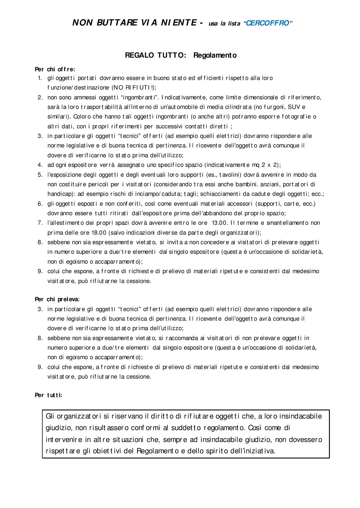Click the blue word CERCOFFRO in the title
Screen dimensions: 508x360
[267, 23]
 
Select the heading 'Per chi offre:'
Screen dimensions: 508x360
[55, 69]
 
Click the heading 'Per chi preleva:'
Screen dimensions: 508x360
[57, 299]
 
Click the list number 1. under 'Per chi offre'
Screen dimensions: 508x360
[40, 78]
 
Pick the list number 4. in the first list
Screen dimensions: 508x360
[40, 165]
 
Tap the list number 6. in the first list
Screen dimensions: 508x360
[40, 204]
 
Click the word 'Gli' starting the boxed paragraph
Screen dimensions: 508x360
[50, 416]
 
